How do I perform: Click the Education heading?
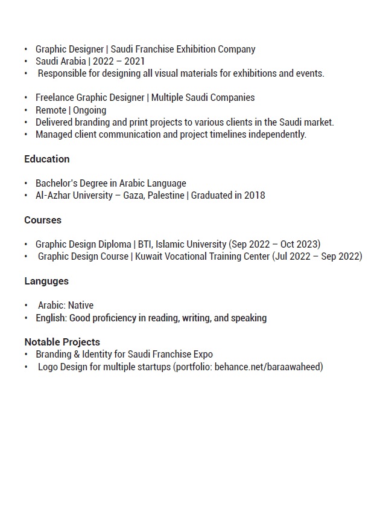coord(46,159)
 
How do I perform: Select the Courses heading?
coord(43,220)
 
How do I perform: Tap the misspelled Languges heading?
coord(46,281)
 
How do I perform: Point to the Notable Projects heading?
coord(62,342)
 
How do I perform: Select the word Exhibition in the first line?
coord(197,49)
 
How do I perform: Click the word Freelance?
coord(54,97)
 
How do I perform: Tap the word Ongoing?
coord(89,110)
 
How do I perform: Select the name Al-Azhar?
coord(53,195)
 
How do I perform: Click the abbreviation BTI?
coord(145,244)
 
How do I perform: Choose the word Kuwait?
coord(149,256)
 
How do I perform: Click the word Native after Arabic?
coord(81,305)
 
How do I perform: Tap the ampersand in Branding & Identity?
coord(77,354)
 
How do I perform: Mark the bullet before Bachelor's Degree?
coord(26,183)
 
